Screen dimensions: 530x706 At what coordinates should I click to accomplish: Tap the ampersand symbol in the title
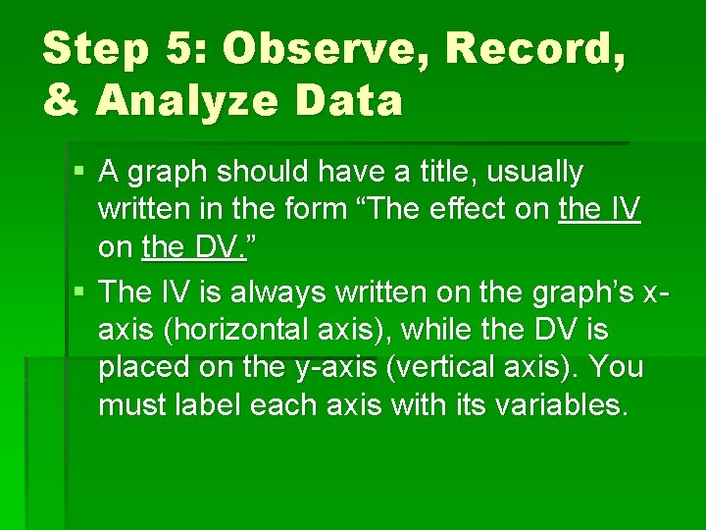[61, 100]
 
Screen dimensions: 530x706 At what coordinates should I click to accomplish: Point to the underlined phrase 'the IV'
[599, 209]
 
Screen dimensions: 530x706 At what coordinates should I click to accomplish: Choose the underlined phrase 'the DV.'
[195, 247]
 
